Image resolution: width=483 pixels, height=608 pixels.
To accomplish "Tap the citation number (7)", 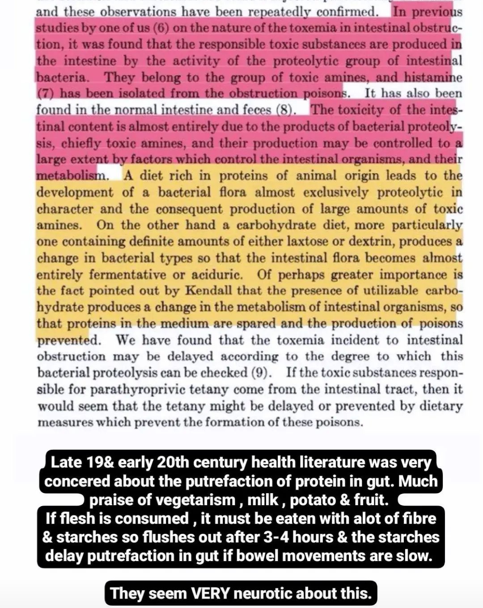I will tap(46, 94).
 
